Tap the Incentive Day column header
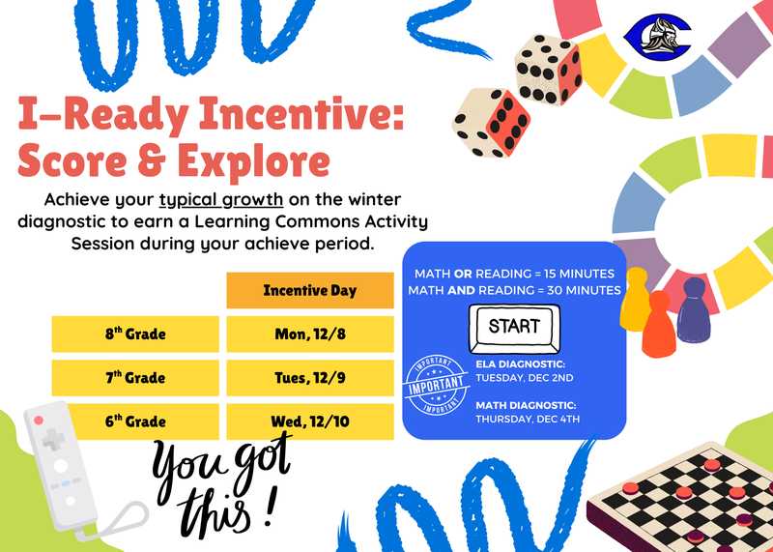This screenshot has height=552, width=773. [x=309, y=290]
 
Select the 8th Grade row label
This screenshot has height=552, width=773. [x=135, y=334]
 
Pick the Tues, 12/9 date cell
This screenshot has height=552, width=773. [x=309, y=378]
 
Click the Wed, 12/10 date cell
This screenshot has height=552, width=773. [x=309, y=421]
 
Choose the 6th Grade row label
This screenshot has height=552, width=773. [x=135, y=421]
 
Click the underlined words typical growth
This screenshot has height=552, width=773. [x=221, y=200]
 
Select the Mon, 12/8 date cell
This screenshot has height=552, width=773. [x=309, y=334]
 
